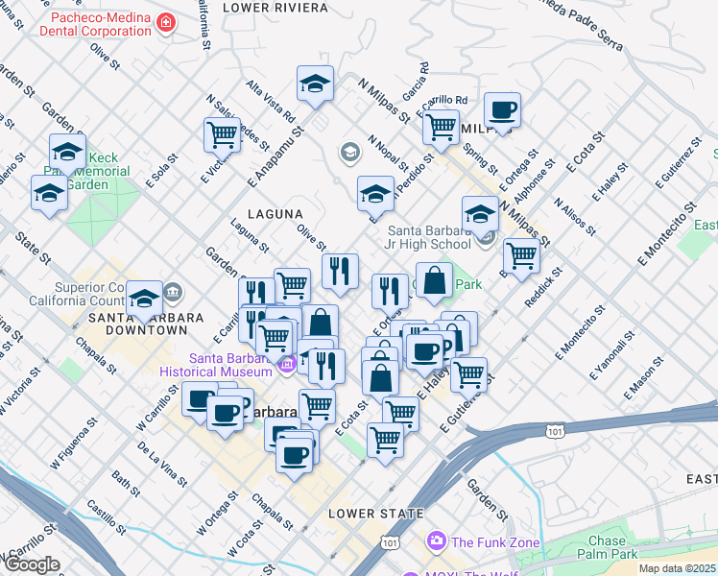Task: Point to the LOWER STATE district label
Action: pyautogui.click(x=375, y=514)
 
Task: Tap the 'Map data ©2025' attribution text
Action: pyautogui.click(x=676, y=568)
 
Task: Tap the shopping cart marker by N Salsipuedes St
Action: pyautogui.click(x=222, y=134)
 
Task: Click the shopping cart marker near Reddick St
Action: pyautogui.click(x=520, y=255)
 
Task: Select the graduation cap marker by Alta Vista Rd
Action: pyautogui.click(x=315, y=84)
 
